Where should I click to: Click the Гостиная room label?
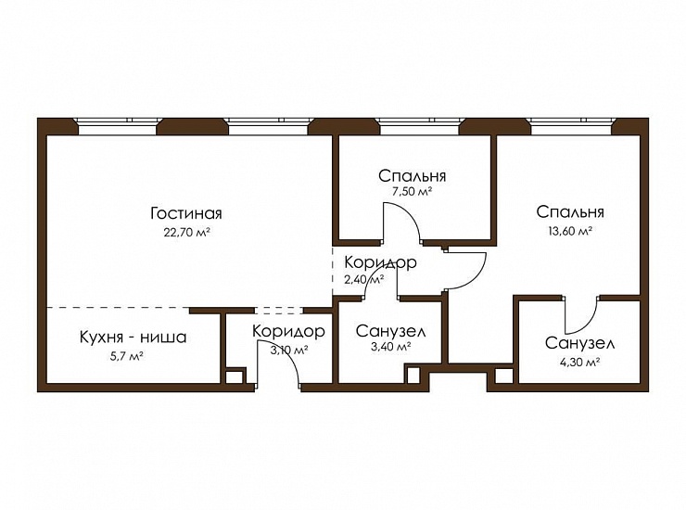pos(186,213)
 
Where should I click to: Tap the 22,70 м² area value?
pos(187,232)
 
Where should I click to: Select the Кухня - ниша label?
pos(133,338)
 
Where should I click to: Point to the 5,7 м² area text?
pos(127,356)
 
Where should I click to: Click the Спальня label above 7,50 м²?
pos(413,176)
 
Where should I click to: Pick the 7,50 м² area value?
pos(413,191)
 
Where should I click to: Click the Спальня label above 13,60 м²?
pos(570,211)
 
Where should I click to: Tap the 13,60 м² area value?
pos(570,231)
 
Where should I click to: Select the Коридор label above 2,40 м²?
pos(380,262)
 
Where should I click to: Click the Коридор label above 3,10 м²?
pos(288,331)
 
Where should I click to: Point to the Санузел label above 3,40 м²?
pos(390,331)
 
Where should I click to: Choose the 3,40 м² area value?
pos(390,347)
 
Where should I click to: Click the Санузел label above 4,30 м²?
pos(579,343)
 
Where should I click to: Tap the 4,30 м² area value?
pos(579,363)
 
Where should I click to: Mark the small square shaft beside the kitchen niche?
pos(235,376)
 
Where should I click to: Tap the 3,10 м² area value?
pos(288,350)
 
